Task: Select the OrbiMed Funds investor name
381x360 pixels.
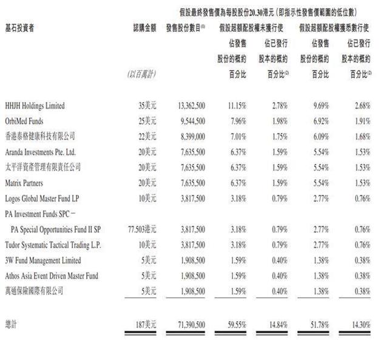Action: click(x=25, y=121)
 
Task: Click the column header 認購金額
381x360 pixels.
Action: click(x=143, y=29)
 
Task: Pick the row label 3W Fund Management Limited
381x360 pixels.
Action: click(x=42, y=260)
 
